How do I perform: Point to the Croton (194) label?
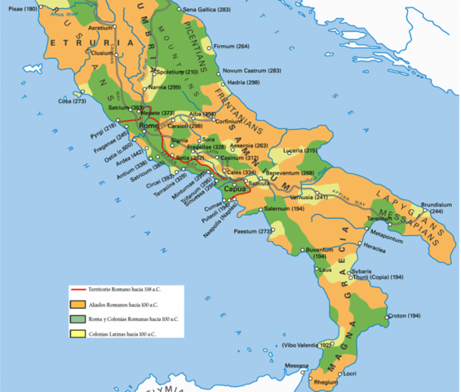pos(403,316)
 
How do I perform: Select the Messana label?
pos(297,366)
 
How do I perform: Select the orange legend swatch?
pos(78,304)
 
